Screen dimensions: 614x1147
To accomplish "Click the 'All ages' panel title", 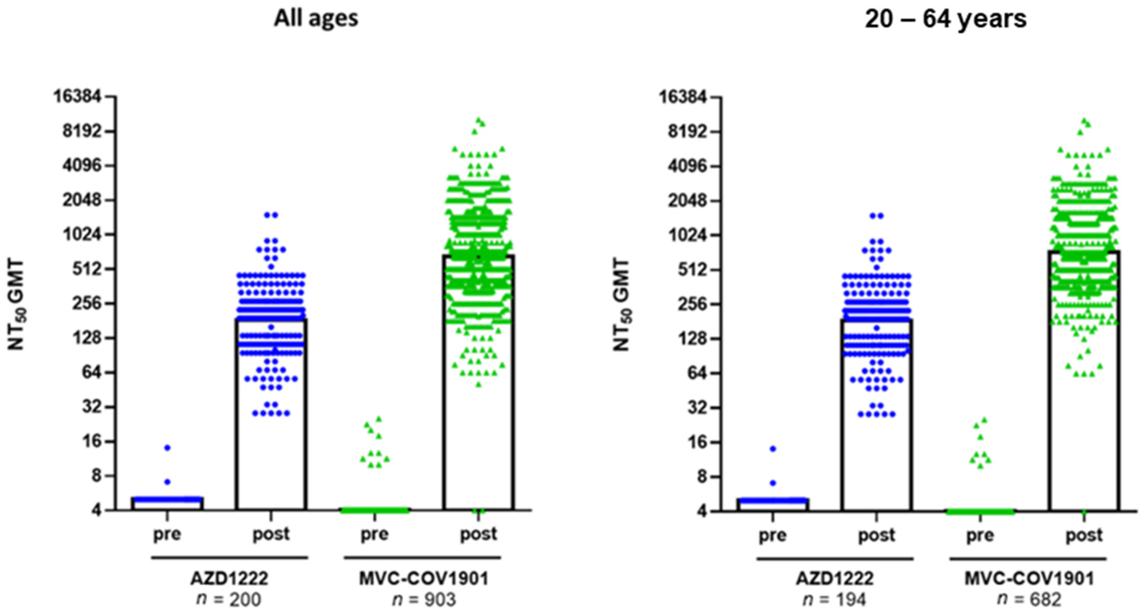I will (316, 19).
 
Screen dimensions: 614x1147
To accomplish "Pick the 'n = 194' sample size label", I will (835, 599).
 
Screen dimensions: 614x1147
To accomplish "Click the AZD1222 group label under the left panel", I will (229, 578).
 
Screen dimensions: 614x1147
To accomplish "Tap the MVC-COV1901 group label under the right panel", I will (1029, 578).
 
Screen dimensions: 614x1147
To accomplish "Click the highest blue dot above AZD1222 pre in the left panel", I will (167, 447).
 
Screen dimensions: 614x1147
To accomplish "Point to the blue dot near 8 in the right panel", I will (773, 483).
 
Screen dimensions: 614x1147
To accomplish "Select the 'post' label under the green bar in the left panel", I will (478, 534).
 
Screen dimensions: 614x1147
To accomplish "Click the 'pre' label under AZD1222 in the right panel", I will (773, 535).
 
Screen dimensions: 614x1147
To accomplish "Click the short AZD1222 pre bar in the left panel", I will (167, 504).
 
